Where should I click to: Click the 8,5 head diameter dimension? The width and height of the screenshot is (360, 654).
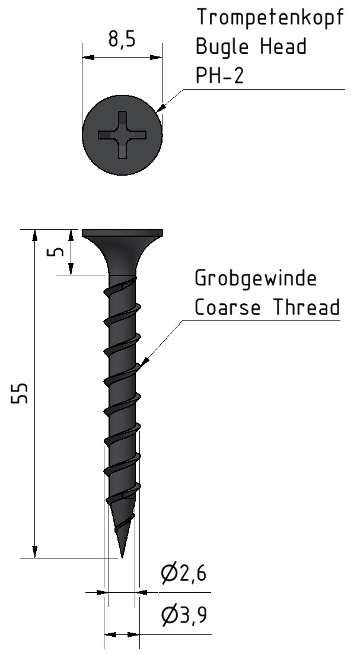tap(122, 40)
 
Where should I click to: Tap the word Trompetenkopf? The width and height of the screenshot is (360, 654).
tap(270, 18)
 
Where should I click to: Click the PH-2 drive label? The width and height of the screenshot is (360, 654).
tap(219, 75)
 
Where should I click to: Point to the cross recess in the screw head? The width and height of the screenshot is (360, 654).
tap(122, 135)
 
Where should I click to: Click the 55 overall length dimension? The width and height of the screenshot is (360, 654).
tap(20, 393)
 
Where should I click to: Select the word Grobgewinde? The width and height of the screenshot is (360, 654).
tap(256, 278)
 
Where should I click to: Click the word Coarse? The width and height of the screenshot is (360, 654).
tap(228, 307)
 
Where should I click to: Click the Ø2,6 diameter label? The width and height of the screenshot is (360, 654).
tap(184, 574)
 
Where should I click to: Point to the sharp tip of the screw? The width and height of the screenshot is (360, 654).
tap(122, 557)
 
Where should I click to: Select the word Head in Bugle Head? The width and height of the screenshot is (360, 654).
tap(283, 46)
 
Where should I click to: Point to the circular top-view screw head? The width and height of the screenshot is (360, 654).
tap(122, 135)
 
